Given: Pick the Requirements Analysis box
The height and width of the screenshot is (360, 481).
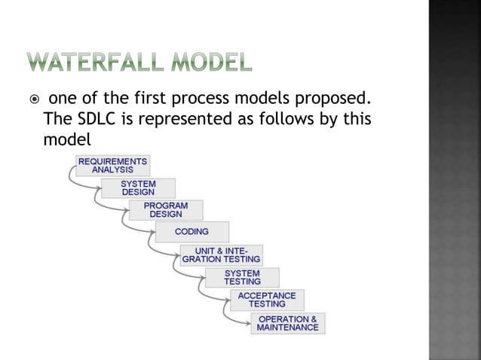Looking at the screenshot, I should (112, 165).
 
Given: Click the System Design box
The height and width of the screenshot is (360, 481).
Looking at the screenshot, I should (138, 188).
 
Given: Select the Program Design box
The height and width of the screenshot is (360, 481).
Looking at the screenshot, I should (166, 209).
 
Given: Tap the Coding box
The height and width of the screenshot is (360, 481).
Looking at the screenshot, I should (191, 232).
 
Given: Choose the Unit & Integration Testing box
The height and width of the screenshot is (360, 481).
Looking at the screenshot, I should (222, 255).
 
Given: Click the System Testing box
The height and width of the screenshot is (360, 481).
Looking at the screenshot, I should (242, 277).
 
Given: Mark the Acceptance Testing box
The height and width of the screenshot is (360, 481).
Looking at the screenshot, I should (267, 300).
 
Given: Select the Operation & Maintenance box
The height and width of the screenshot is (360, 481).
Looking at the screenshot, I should (287, 323).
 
